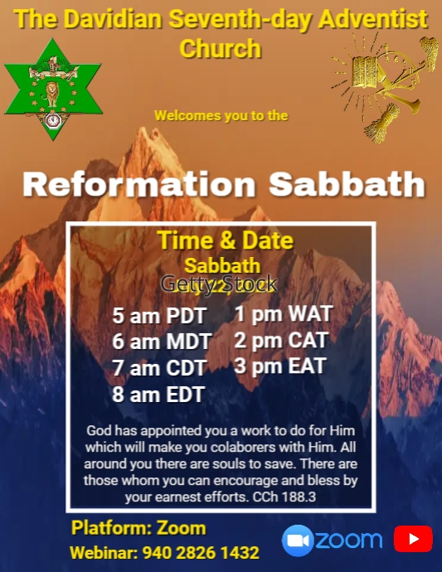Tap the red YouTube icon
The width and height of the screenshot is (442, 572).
pyautogui.click(x=413, y=540)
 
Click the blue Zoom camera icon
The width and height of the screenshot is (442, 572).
pyautogui.click(x=298, y=540)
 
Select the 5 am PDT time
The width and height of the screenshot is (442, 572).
pyautogui.click(x=158, y=317)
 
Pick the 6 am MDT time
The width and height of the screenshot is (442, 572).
pyautogui.click(x=162, y=342)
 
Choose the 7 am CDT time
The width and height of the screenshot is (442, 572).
pyautogui.click(x=160, y=368)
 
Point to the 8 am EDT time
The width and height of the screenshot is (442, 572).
pyautogui.click(x=158, y=395)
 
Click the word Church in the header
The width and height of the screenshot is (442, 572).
pyautogui.click(x=220, y=48)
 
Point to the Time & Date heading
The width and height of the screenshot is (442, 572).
pyautogui.click(x=225, y=241)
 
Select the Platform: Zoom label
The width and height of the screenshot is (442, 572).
pyautogui.click(x=138, y=528)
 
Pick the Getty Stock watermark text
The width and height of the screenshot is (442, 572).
pyautogui.click(x=218, y=284)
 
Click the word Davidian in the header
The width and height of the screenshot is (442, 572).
pyautogui.click(x=115, y=20)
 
